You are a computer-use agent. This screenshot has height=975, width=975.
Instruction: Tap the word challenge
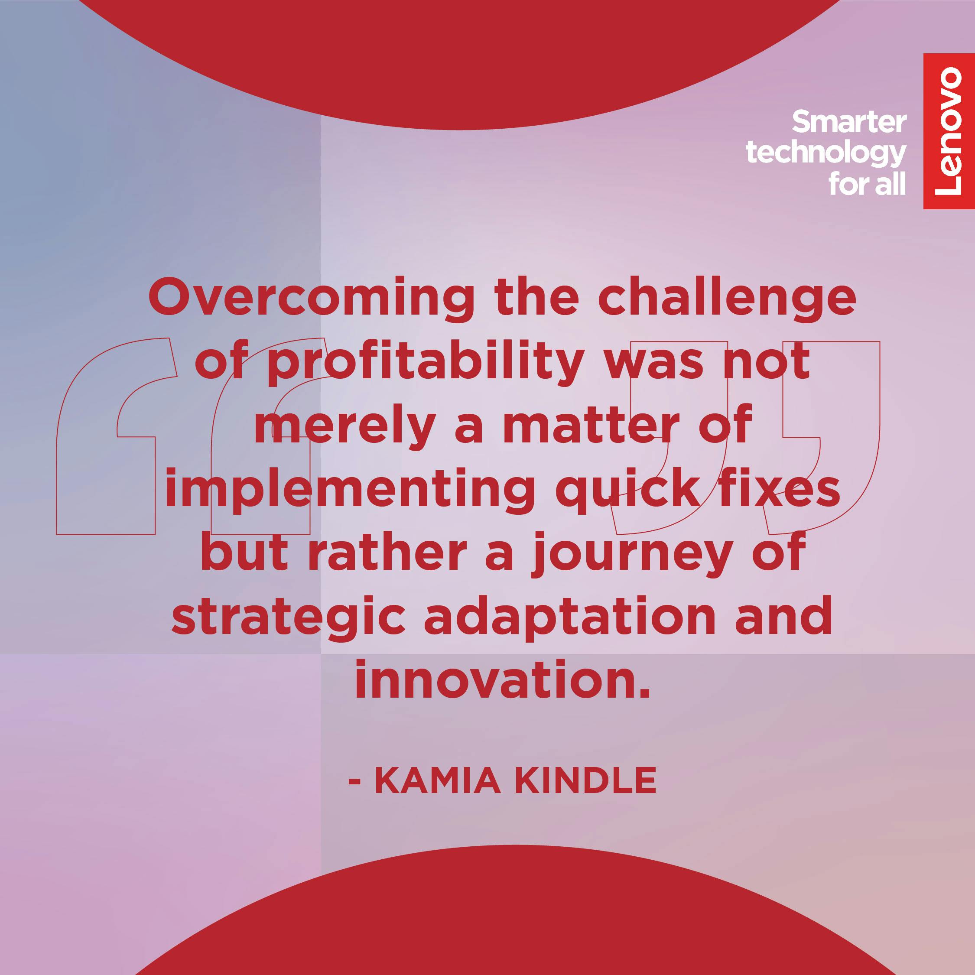point(727,299)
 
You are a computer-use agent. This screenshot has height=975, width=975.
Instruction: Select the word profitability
point(426,364)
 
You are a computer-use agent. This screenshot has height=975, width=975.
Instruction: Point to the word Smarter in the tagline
point(849,122)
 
